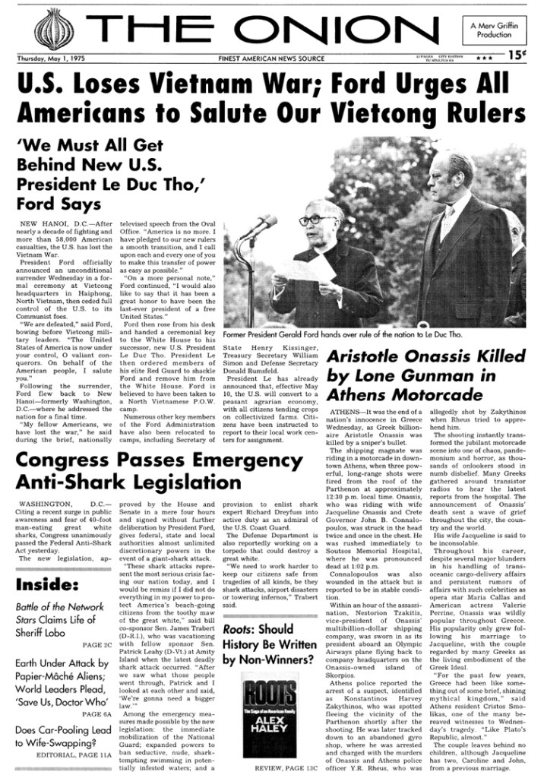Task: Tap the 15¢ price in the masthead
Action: click(x=518, y=55)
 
